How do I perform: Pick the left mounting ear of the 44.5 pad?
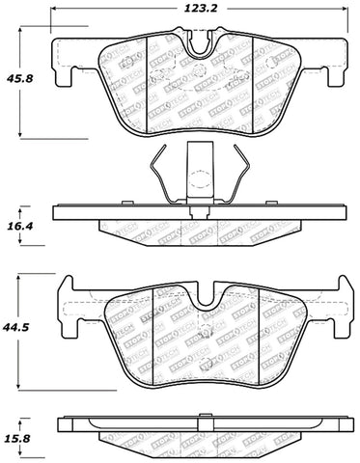pyautogui.click(x=68, y=289)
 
